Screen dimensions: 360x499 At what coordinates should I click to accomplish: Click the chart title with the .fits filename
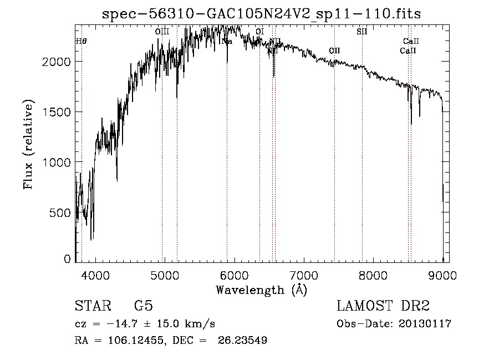(x=261, y=14)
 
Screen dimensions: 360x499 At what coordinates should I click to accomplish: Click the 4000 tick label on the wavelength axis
(x=95, y=275)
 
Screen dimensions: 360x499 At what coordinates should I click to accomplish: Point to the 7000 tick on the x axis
(x=304, y=275)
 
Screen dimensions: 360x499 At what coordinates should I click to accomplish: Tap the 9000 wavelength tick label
(x=442, y=275)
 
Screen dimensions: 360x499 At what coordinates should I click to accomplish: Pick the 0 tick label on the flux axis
(x=68, y=259)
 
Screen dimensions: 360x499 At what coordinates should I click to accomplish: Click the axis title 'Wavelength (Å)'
(x=261, y=290)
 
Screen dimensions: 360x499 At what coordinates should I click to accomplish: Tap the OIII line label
(x=162, y=32)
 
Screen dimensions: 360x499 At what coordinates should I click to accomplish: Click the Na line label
(x=227, y=41)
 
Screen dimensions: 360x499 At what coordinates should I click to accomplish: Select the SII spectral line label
(x=362, y=32)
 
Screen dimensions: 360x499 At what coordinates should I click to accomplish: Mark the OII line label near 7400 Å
(x=334, y=50)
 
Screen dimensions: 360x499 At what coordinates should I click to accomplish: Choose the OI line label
(x=259, y=32)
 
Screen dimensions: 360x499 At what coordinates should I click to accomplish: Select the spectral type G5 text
(x=144, y=306)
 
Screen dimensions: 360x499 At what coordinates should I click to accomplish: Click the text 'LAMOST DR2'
(x=383, y=306)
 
